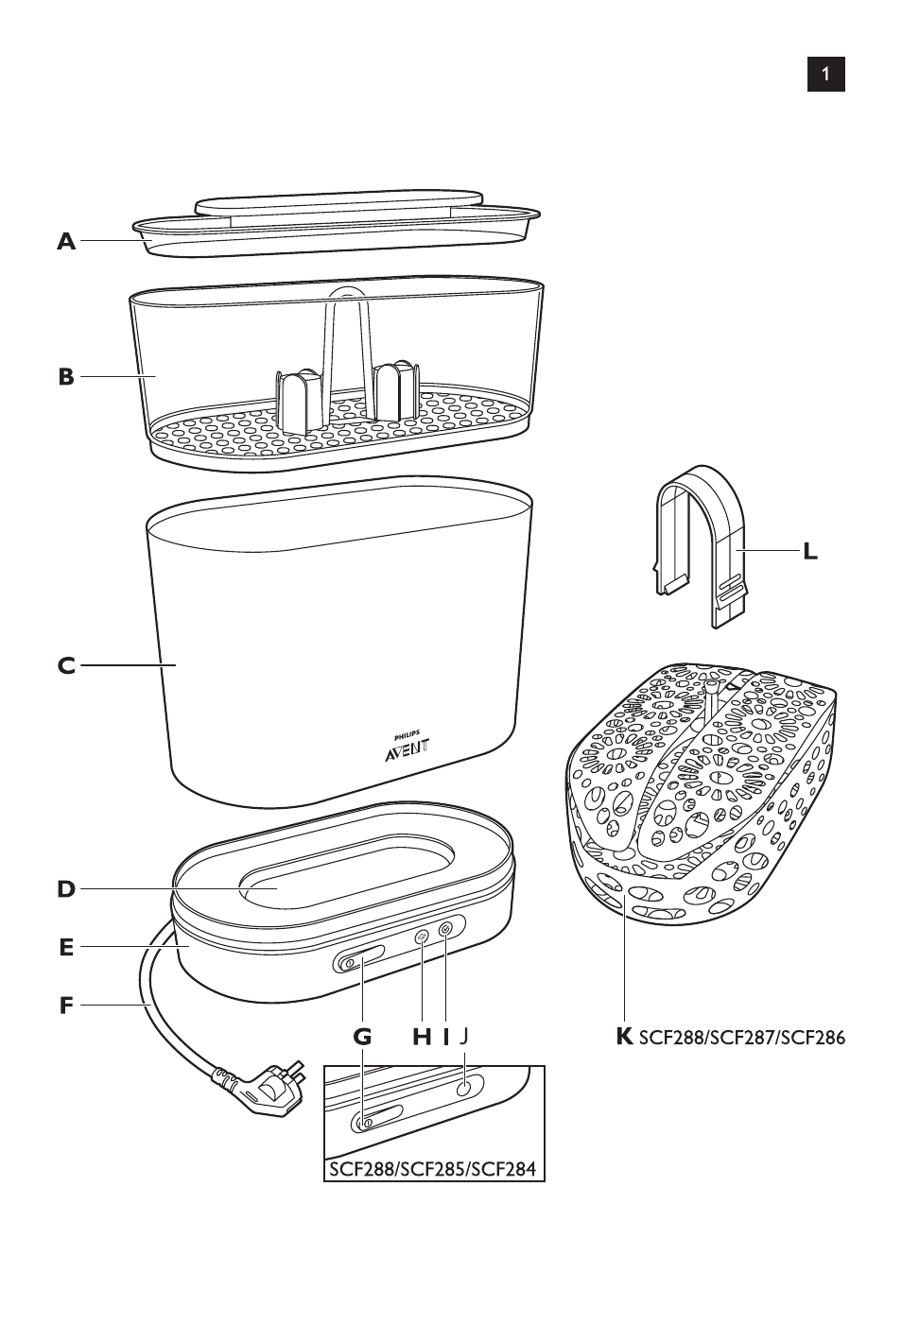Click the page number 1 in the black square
coord(825,74)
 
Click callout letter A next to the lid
coord(66,242)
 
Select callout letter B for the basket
coord(66,377)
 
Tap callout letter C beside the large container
coord(66,666)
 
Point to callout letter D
coord(66,889)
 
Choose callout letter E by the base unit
coord(66,947)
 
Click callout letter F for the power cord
coord(66,1006)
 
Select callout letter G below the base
coord(363,1037)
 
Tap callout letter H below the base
coord(422,1037)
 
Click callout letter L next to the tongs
coord(810,551)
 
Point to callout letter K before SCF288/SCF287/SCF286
coord(624,1037)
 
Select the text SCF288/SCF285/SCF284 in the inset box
coord(433,1169)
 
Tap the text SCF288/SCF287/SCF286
coord(742,1038)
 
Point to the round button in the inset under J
coord(463,1090)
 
